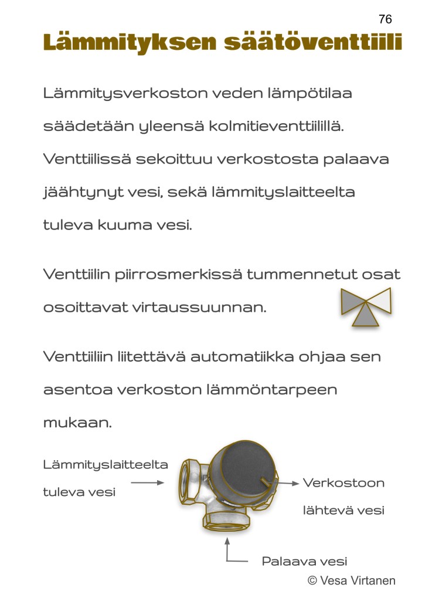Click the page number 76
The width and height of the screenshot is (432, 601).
tap(385, 19)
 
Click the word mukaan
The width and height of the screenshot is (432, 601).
tap(77, 423)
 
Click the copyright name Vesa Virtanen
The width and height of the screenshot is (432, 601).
tap(357, 580)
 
